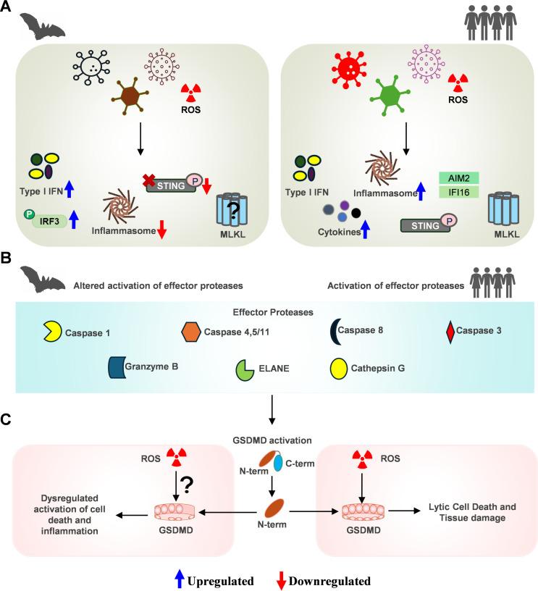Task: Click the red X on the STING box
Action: coord(150,180)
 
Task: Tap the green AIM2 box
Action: coord(459,178)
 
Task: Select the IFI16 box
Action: coord(459,192)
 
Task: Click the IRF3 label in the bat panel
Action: coord(50,221)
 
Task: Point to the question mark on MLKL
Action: coord(234,211)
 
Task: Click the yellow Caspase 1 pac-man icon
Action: coord(52,332)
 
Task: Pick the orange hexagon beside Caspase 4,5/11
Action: coord(191,332)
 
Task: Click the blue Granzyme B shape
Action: coord(115,367)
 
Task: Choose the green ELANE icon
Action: coord(245,370)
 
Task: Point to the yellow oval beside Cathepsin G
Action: coord(339,369)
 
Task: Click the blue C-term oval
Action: coord(278,463)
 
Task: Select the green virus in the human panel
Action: coord(390,96)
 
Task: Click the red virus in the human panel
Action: coord(350,69)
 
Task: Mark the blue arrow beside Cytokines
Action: coord(365,229)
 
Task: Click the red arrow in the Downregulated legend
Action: coord(281,580)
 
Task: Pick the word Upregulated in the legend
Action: coord(220,581)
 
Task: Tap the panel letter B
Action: coord(6,259)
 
